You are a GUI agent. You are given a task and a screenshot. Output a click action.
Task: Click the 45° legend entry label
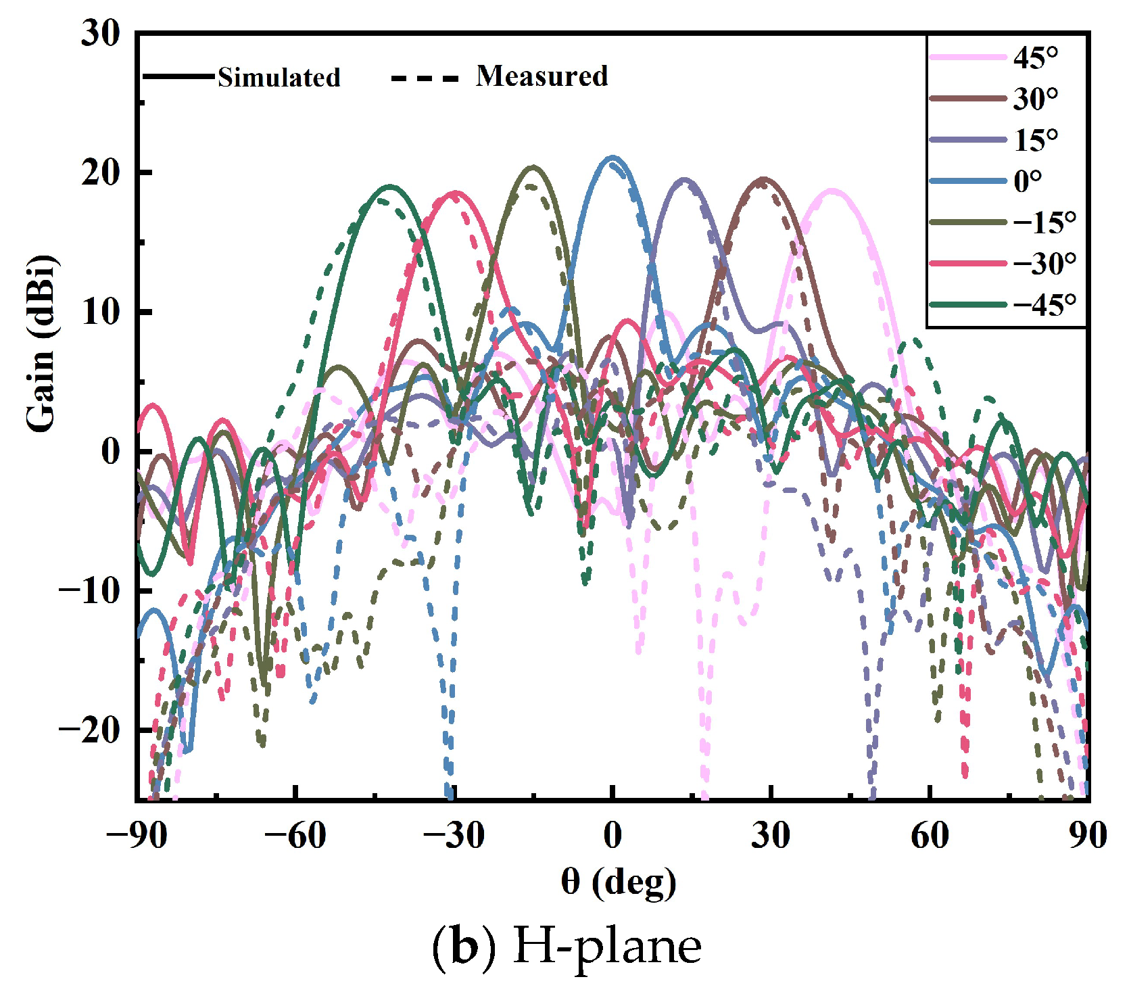pyautogui.click(x=1035, y=58)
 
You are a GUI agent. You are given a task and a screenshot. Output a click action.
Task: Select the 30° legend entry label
pyautogui.click(x=1035, y=99)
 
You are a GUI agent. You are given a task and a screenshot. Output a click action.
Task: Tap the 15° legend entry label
pyautogui.click(x=1035, y=141)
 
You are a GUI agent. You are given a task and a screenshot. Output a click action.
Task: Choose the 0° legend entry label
pyautogui.click(x=1028, y=181)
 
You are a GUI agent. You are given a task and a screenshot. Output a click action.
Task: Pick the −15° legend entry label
pyautogui.click(x=1044, y=222)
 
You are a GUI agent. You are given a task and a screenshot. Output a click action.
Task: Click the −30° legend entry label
pyautogui.click(x=1044, y=263)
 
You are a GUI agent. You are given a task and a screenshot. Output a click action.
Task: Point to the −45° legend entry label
pyautogui.click(x=1044, y=305)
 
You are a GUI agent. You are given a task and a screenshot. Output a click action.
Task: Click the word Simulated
pyautogui.click(x=279, y=78)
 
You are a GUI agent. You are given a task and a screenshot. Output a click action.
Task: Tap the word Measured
pyautogui.click(x=542, y=76)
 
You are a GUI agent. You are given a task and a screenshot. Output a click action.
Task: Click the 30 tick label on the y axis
pyautogui.click(x=100, y=33)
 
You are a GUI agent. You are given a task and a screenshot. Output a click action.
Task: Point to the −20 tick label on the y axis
pyautogui.click(x=89, y=730)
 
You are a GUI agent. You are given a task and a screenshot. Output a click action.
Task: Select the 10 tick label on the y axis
pyautogui.click(x=100, y=312)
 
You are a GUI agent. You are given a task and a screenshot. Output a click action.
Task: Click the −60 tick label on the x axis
pyautogui.click(x=295, y=836)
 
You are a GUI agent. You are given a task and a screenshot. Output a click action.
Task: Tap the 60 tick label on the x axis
pyautogui.click(x=930, y=836)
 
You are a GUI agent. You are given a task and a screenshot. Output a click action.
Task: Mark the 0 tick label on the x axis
pyautogui.click(x=612, y=836)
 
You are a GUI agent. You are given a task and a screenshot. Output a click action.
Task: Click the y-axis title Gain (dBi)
pyautogui.click(x=41, y=343)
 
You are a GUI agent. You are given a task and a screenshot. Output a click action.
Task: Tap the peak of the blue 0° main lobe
pyautogui.click(x=612, y=158)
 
